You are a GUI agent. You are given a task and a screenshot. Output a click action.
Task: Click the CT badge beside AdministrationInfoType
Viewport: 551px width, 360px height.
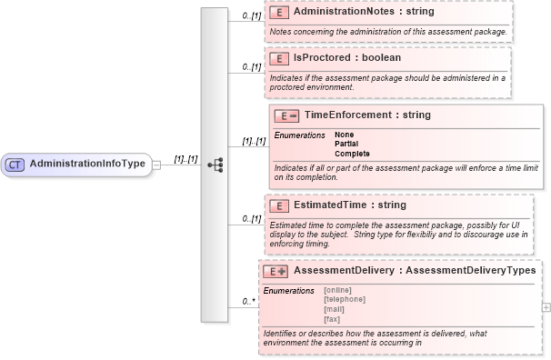[15, 165]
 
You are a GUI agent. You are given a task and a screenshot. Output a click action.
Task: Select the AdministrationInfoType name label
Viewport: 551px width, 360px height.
[87, 164]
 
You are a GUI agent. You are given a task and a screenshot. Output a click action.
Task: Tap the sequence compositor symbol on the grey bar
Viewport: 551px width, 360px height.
[215, 165]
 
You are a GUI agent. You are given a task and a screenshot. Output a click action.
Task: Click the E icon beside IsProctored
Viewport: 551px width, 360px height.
[280, 58]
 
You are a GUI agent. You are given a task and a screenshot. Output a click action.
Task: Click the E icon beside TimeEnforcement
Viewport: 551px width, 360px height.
[286, 115]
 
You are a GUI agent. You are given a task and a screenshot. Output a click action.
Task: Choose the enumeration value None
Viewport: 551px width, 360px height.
[345, 135]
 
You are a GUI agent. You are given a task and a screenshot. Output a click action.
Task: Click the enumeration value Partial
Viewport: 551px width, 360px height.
[346, 144]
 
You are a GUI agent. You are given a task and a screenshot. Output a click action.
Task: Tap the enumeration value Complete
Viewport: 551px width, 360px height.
[352, 153]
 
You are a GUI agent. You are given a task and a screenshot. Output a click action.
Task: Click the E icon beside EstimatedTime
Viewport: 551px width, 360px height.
[280, 205]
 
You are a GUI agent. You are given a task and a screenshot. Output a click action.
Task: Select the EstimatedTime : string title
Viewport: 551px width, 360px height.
[350, 205]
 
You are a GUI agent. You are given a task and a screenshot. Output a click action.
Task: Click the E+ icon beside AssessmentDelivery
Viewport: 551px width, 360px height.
[275, 271]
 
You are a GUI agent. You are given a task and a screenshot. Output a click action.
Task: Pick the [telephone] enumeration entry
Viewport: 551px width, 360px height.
[345, 299]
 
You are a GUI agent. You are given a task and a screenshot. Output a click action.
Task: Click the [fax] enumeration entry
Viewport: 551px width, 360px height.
[333, 318]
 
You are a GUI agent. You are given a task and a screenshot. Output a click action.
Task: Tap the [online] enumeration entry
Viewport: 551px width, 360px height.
[337, 290]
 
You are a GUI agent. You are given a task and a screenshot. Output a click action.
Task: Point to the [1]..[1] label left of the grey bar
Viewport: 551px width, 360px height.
[185, 159]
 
